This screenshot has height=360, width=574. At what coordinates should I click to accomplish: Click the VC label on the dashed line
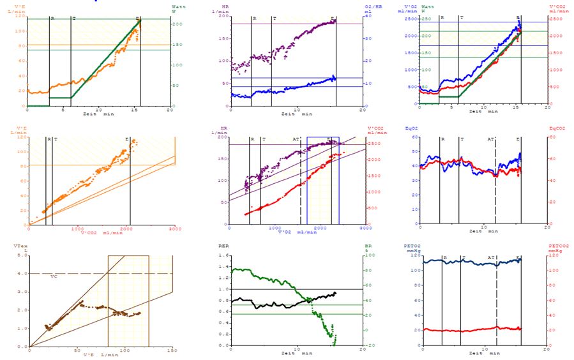pyautogui.click(x=54, y=276)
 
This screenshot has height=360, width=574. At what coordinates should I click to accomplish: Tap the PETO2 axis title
pyautogui.click(x=412, y=244)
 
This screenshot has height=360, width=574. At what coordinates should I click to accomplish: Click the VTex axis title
pyautogui.click(x=20, y=244)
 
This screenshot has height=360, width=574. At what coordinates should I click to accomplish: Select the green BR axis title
pyautogui.click(x=367, y=244)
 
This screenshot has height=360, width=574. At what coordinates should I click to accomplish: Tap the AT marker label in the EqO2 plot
pyautogui.click(x=490, y=139)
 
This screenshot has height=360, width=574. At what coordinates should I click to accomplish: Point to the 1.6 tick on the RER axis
pyautogui.click(x=223, y=255)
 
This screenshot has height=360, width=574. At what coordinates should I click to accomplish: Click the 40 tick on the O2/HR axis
pyautogui.click(x=368, y=15)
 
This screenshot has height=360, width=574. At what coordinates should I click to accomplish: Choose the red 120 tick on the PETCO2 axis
pyautogui.click(x=555, y=255)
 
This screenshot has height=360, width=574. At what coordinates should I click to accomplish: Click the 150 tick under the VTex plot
pyautogui.click(x=171, y=350)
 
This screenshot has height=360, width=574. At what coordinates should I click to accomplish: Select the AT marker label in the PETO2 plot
pyautogui.click(x=490, y=259)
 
